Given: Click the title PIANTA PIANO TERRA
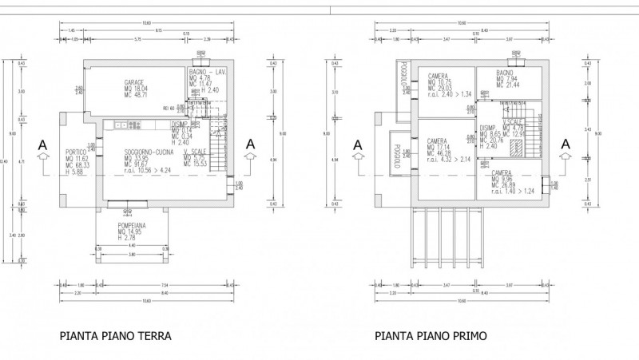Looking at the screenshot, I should click(115, 336).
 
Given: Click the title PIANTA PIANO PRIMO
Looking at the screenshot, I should click(431, 336).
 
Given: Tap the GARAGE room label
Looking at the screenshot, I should click(134, 82).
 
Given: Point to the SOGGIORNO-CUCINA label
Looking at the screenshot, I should click(149, 152).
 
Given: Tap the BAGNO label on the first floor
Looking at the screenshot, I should click(505, 73).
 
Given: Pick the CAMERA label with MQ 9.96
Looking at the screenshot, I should click(502, 173).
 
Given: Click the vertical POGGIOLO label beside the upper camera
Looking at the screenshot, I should click(404, 76).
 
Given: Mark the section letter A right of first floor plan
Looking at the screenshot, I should click(566, 144).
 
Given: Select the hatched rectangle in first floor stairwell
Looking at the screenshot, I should click(517, 147).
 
